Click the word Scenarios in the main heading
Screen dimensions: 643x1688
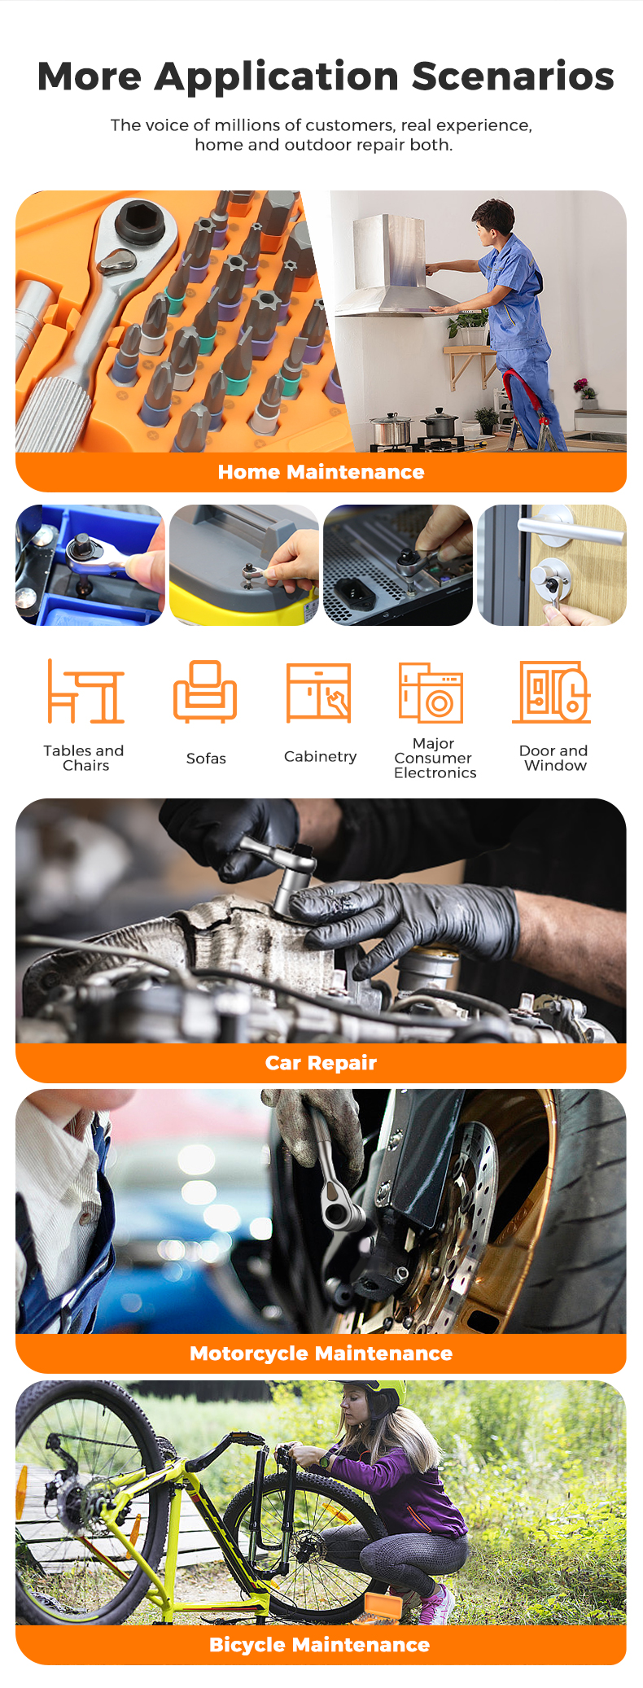click(x=513, y=77)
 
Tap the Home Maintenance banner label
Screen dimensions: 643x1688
click(x=321, y=472)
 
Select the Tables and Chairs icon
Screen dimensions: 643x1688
click(x=85, y=691)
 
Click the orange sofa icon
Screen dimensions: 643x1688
click(x=205, y=691)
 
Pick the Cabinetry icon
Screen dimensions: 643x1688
click(x=318, y=693)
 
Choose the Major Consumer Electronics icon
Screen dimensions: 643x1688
click(x=431, y=693)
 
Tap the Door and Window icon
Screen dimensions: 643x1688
click(x=551, y=692)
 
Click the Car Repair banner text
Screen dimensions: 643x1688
click(x=321, y=1063)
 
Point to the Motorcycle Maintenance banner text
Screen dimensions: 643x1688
click(x=321, y=1353)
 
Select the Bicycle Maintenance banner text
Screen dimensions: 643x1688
click(x=319, y=1645)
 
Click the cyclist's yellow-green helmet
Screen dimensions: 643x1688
click(x=383, y=1394)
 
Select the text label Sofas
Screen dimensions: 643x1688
click(x=206, y=759)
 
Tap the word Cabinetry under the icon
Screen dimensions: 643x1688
click(x=320, y=757)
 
